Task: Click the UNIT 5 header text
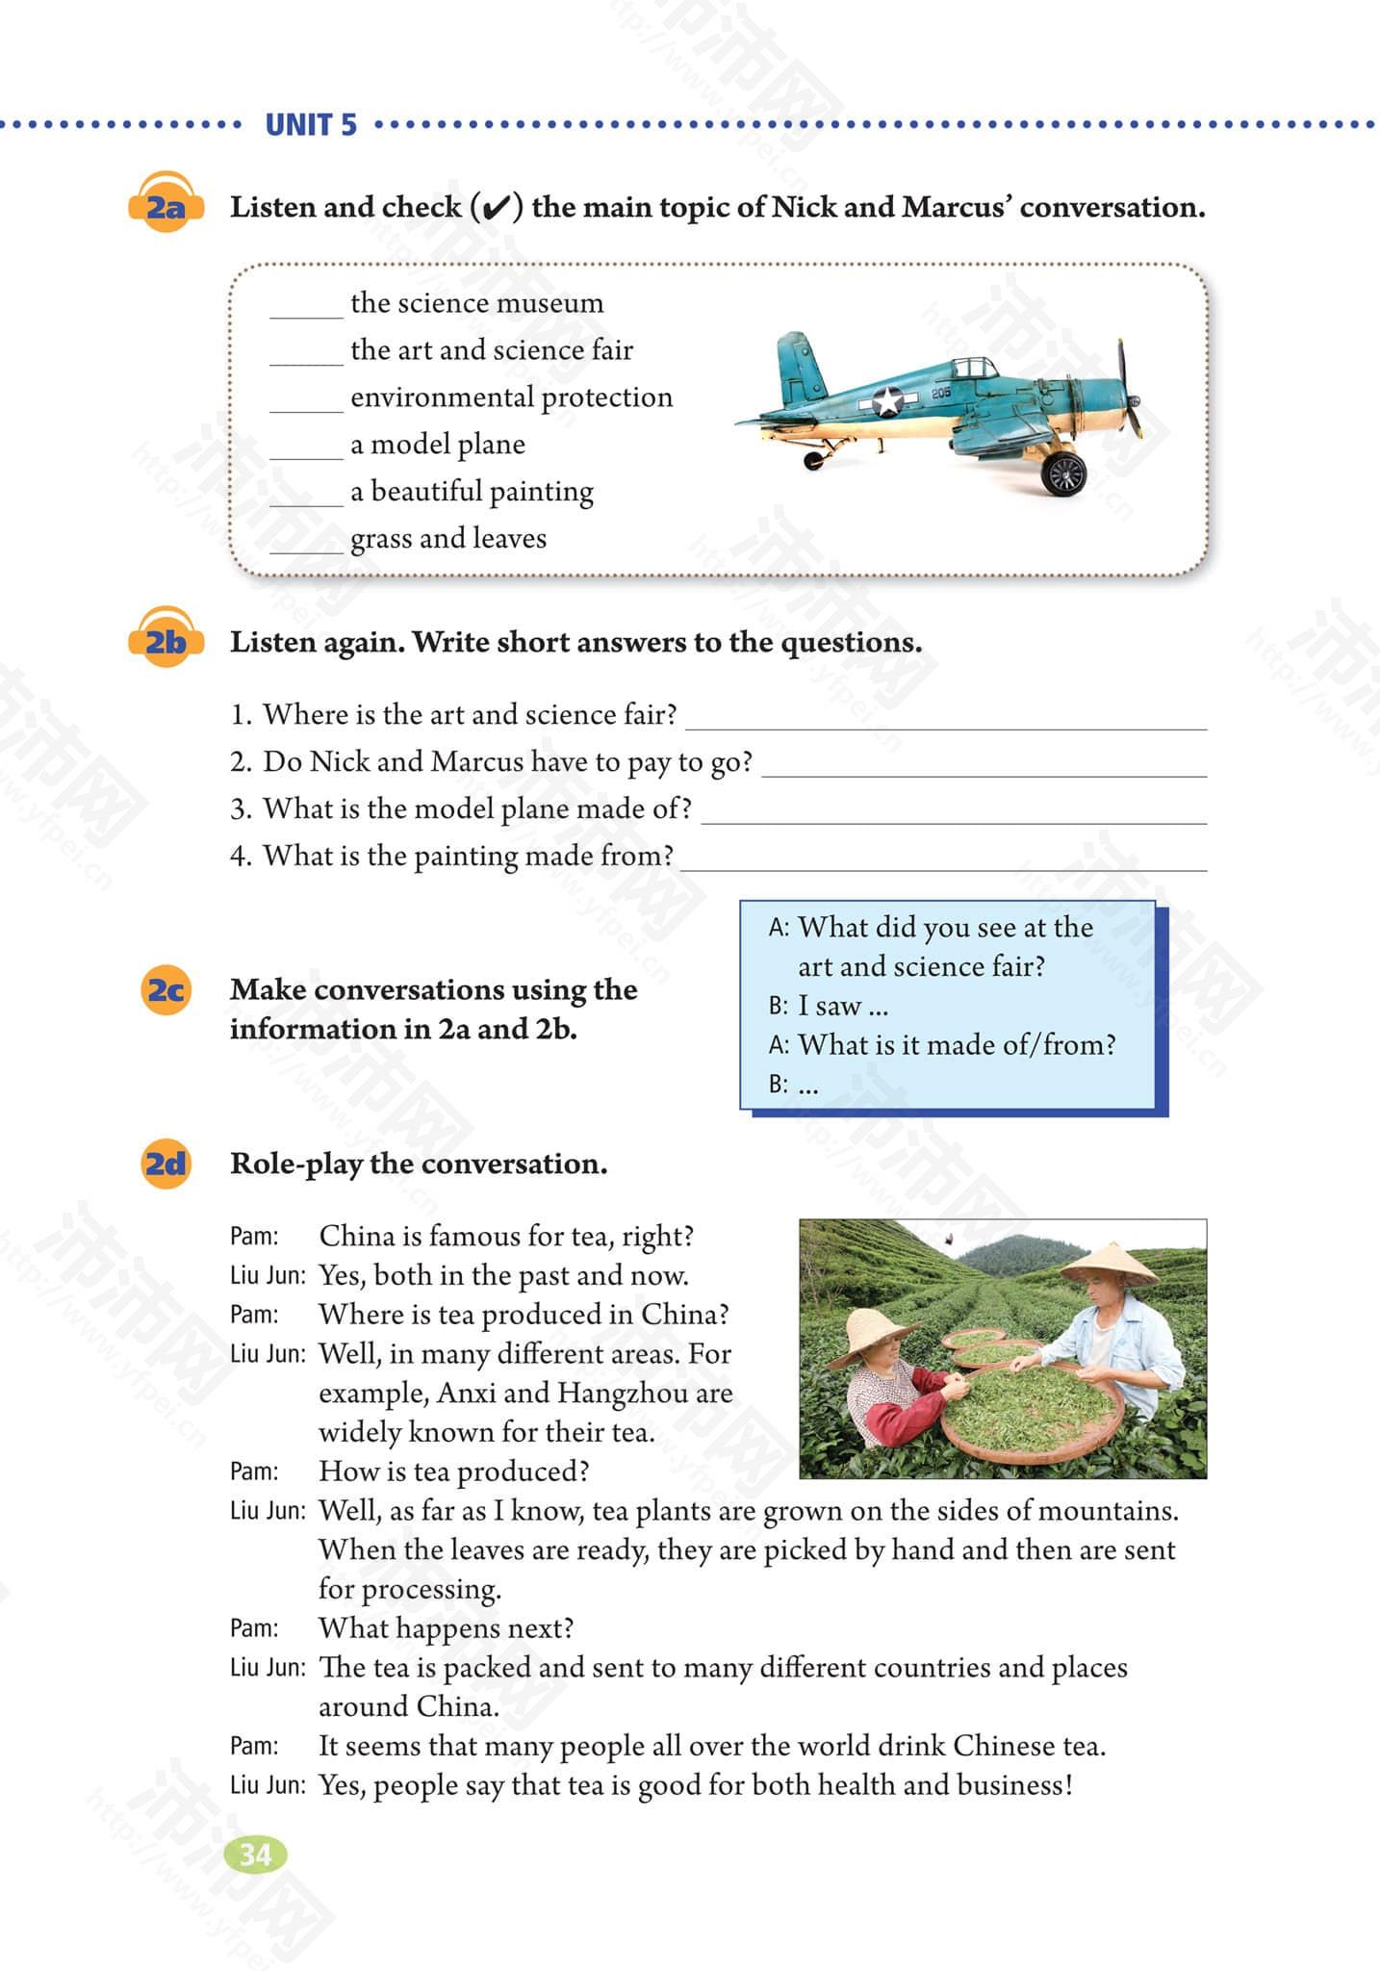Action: [310, 125]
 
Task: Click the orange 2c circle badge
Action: [166, 990]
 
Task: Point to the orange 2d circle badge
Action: [166, 1165]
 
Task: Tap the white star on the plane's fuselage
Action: [887, 400]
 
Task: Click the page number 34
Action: [255, 1854]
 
